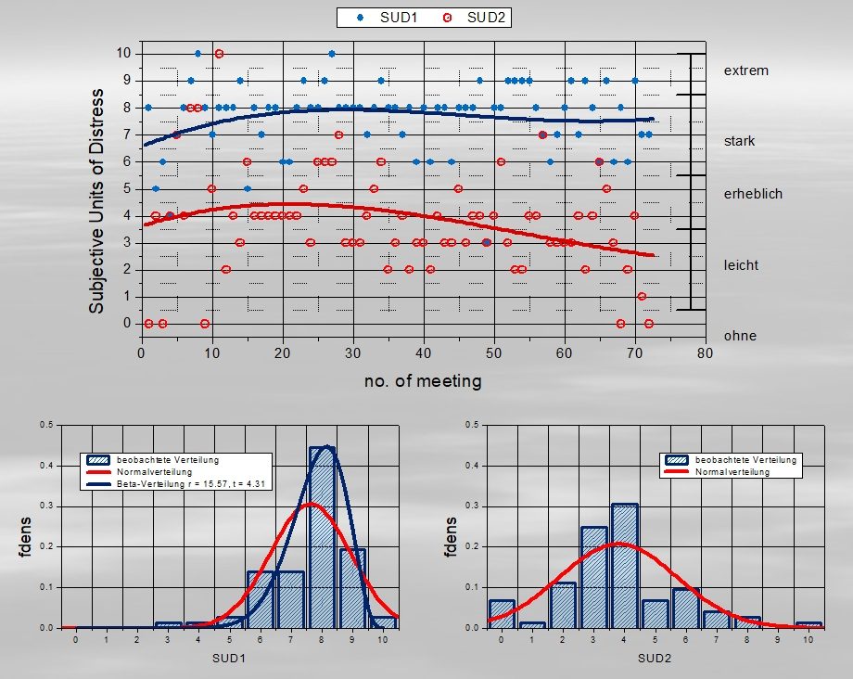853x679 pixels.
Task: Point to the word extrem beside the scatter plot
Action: pyautogui.click(x=745, y=70)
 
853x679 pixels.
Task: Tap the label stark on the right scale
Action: pyautogui.click(x=739, y=141)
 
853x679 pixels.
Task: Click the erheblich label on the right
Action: pyautogui.click(x=753, y=194)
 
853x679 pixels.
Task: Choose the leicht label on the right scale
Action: pyautogui.click(x=741, y=265)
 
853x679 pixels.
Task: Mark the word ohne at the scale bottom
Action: pyautogui.click(x=740, y=336)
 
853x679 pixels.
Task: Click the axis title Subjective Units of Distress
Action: pyautogui.click(x=96, y=201)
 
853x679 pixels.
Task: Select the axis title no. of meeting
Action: pyautogui.click(x=423, y=381)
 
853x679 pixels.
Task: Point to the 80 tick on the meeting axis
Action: pyautogui.click(x=705, y=353)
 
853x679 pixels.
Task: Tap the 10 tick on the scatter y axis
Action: pyautogui.click(x=123, y=53)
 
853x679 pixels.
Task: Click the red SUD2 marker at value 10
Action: pyautogui.click(x=219, y=53)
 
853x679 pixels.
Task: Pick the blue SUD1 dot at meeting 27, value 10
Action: pyautogui.click(x=332, y=53)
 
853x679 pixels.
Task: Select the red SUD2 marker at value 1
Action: pyautogui.click(x=642, y=297)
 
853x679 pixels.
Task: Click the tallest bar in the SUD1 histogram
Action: pyautogui.click(x=322, y=538)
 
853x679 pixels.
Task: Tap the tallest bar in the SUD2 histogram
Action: pyautogui.click(x=625, y=566)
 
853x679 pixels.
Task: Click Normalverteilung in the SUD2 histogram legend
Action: pyautogui.click(x=732, y=472)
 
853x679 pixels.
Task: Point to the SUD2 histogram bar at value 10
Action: pyautogui.click(x=808, y=625)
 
